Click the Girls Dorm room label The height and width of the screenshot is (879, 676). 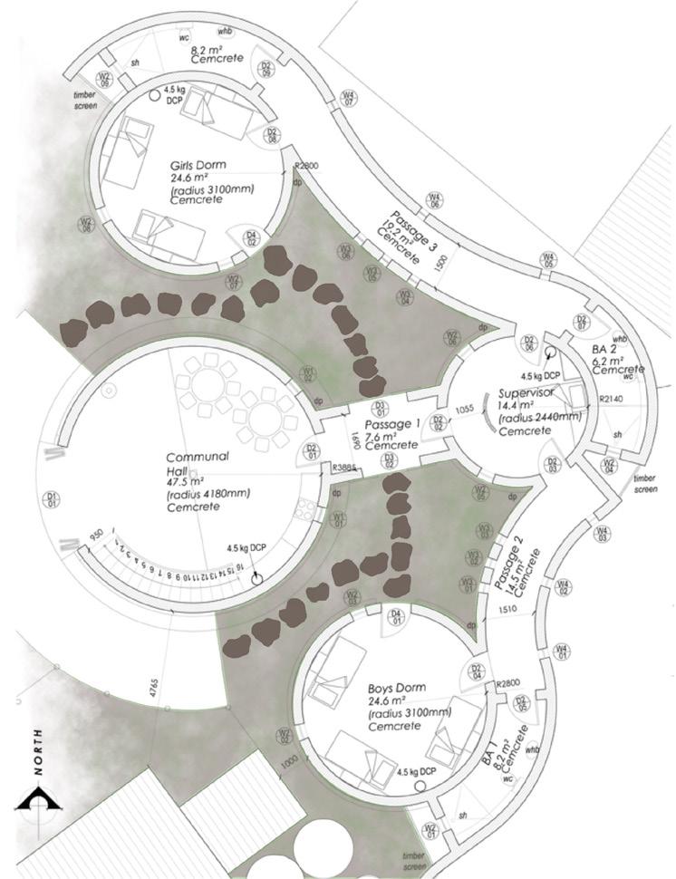point(198,166)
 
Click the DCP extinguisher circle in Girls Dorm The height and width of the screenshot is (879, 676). point(155,94)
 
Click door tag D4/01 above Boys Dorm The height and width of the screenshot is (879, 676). point(395,619)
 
